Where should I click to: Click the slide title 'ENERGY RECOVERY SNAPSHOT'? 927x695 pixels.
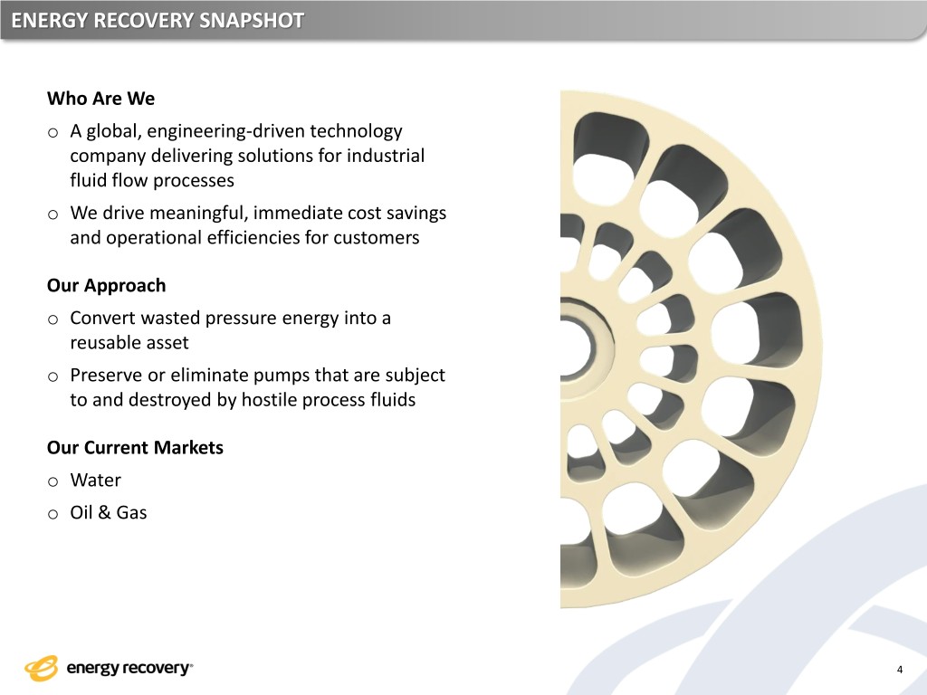point(158,21)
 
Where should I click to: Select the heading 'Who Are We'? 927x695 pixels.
point(101,98)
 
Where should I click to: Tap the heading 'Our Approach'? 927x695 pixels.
point(107,285)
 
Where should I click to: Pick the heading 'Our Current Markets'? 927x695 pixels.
point(136,447)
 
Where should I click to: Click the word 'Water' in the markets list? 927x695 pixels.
point(96,480)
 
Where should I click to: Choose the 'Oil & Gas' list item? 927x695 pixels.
point(109,512)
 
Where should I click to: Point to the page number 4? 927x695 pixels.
point(900,670)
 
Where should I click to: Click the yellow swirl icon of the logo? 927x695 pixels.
point(42,669)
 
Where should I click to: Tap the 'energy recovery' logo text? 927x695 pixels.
point(129,669)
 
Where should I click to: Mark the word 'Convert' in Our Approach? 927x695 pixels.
point(103,318)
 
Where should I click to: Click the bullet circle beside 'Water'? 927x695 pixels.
point(53,482)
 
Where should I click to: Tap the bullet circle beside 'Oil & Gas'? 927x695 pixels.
point(53,515)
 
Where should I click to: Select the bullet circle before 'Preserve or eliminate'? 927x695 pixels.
point(53,377)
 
